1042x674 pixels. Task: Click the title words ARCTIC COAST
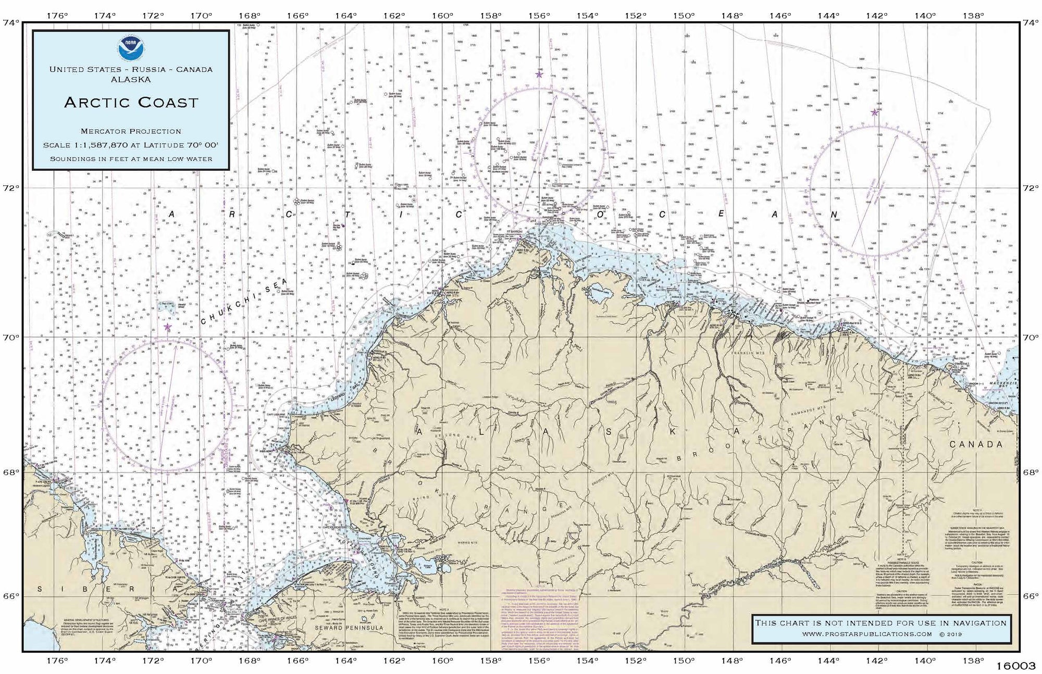(131, 102)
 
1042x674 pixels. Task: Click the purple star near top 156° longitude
(539, 74)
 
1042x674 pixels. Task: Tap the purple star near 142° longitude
(874, 112)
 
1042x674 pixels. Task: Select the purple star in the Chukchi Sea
(168, 327)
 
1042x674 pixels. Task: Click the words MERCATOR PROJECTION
(131, 131)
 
